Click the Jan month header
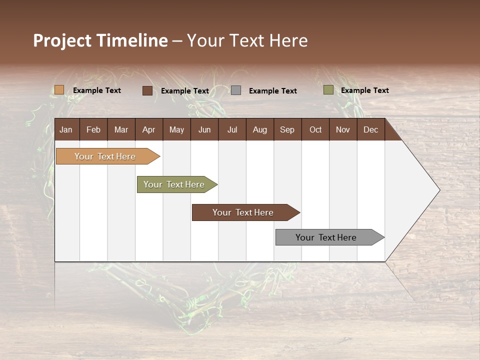point(66,129)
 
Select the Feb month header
point(93,129)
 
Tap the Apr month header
point(148,129)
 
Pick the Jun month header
point(204,129)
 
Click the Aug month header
point(259,129)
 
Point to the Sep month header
point(287,129)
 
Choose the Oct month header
point(315,129)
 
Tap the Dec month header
point(370,129)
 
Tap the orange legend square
point(59,90)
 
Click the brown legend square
point(147,90)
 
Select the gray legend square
point(236,90)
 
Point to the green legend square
point(328,90)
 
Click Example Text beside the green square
point(364,90)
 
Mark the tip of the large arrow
point(439,190)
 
